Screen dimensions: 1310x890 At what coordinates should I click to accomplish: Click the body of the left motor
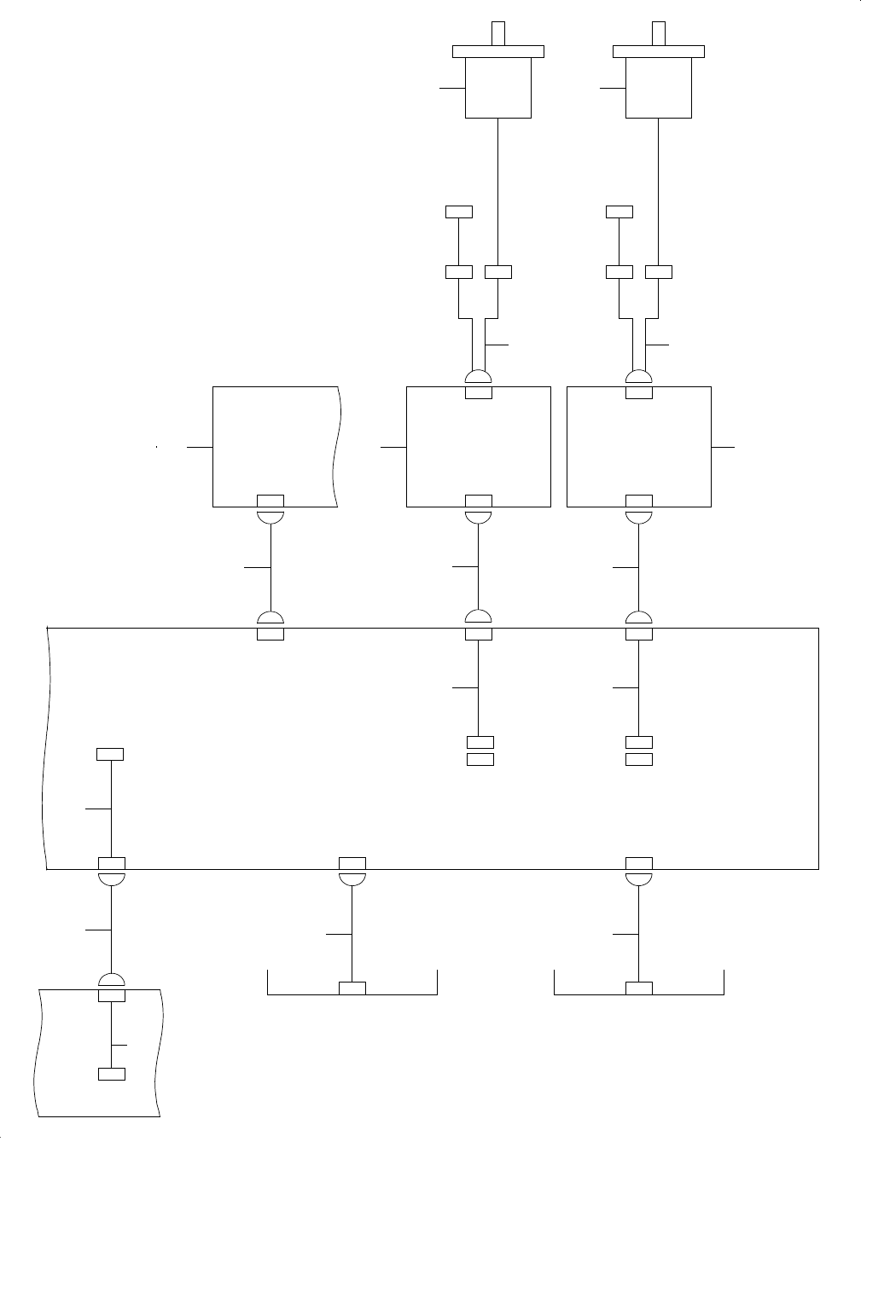point(497,88)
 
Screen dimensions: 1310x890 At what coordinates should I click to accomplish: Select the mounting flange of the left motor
point(497,51)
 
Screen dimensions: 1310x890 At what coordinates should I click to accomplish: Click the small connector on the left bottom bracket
point(352,988)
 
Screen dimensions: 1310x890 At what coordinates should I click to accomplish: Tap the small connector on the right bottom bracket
point(639,988)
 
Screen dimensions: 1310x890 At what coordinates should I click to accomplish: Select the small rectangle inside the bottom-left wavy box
point(112,1074)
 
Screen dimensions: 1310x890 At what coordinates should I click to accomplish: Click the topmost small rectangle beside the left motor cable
point(459,212)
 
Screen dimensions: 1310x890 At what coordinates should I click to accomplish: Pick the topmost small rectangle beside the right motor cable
point(619,212)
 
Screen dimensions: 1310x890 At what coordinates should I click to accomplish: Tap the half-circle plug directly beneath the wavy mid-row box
point(270,516)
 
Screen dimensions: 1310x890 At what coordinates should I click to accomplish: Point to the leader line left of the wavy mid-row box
point(199,446)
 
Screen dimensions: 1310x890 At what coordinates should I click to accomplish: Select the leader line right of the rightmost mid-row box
point(722,446)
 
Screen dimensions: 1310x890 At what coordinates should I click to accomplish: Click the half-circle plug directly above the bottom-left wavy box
point(112,980)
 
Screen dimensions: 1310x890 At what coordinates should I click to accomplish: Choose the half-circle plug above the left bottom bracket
point(352,878)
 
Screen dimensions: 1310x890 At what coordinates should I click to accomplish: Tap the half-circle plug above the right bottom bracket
point(639,878)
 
